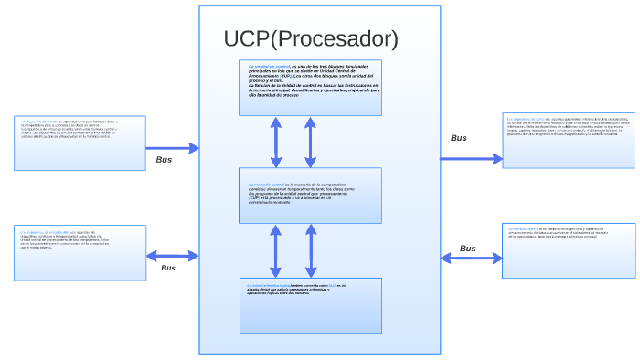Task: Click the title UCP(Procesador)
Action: tap(311, 39)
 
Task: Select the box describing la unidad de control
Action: tap(310, 88)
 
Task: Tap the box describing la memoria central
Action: tap(310, 195)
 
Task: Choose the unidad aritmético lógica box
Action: tap(310, 305)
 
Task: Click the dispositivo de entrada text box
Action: tap(80, 143)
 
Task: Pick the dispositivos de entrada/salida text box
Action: tap(80, 252)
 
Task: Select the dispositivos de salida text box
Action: tap(569, 140)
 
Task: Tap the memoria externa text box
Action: tap(569, 249)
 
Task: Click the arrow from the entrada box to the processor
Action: tap(173, 147)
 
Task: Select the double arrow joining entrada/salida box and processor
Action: tap(173, 256)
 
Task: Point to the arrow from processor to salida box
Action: tap(472, 158)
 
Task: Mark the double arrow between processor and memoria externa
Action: tap(472, 259)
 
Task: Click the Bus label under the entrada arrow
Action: tap(164, 160)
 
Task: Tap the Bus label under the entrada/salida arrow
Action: tap(168, 268)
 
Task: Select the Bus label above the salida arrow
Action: tap(459, 138)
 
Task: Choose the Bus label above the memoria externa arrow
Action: tap(467, 248)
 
